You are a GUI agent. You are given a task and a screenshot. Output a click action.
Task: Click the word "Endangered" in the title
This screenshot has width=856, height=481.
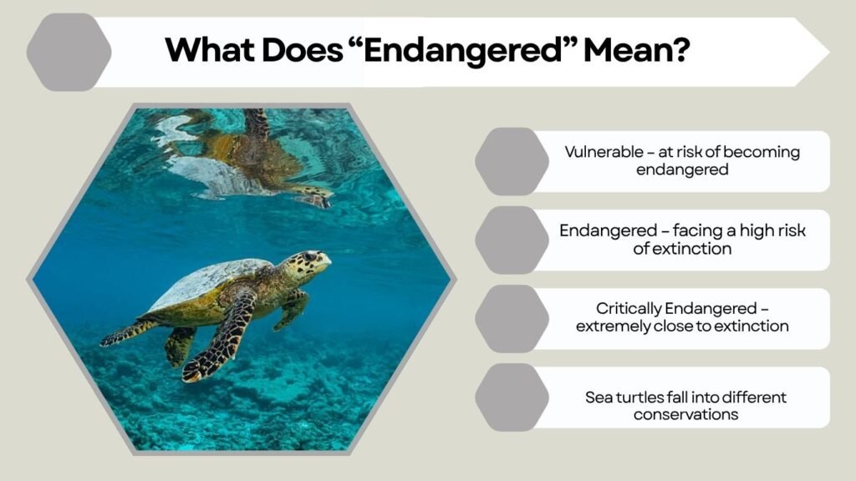[x=463, y=50]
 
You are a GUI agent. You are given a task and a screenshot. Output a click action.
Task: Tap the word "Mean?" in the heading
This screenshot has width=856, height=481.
[x=637, y=49]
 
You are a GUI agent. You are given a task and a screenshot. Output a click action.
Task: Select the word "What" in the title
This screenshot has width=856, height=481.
[x=210, y=49]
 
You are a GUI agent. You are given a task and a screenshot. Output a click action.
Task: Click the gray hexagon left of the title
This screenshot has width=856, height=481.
[x=69, y=53]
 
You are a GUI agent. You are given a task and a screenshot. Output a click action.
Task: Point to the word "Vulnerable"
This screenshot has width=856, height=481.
[x=604, y=152]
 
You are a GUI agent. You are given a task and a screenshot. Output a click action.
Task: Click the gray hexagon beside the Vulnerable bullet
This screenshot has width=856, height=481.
[x=512, y=161]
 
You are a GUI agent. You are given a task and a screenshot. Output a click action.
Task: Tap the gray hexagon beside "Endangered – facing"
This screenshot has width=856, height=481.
[x=512, y=240]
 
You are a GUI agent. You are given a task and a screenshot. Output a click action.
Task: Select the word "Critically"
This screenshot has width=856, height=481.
[x=629, y=309]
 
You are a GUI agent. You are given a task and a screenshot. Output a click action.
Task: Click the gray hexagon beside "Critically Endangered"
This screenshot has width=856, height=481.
[x=512, y=318]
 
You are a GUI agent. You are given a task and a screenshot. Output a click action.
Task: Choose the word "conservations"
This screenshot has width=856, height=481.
[x=685, y=414]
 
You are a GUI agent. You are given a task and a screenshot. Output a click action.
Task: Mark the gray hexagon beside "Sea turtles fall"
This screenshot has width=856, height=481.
[x=512, y=397]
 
